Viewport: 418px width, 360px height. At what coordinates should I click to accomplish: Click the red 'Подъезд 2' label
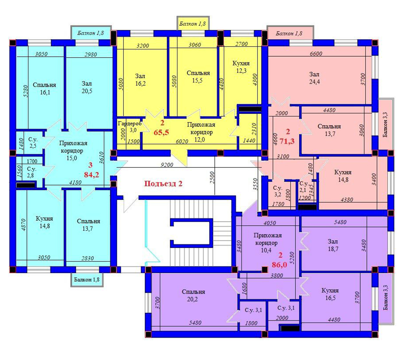(163, 184)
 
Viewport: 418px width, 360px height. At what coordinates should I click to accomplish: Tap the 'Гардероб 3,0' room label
(130, 127)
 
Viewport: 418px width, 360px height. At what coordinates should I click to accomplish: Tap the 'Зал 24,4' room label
(314, 78)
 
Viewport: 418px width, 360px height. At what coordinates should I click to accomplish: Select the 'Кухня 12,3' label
(241, 67)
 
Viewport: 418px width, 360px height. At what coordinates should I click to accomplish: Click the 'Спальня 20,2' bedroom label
(193, 295)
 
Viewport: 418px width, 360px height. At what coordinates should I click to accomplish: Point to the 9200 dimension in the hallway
(167, 165)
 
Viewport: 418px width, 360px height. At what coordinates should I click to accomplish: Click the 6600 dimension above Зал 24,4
(316, 53)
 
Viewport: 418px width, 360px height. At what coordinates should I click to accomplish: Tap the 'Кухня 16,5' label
(330, 294)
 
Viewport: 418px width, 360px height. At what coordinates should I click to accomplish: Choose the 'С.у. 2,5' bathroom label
(33, 142)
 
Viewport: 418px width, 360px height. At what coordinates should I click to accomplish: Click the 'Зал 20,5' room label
(87, 87)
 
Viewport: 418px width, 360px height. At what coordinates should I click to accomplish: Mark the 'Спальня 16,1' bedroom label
(44, 88)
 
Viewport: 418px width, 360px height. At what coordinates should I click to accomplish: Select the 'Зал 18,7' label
(333, 245)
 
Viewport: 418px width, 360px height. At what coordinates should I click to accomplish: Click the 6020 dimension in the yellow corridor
(182, 141)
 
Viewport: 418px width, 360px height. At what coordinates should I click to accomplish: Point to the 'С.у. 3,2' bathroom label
(278, 191)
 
